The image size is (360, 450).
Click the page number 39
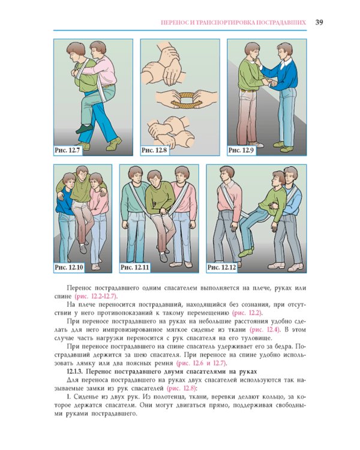(319, 22)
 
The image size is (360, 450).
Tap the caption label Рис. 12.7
(67, 150)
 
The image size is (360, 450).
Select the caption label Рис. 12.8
(154, 150)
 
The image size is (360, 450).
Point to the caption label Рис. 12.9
(241, 150)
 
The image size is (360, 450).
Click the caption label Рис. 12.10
(69, 268)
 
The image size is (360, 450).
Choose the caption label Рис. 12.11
(134, 268)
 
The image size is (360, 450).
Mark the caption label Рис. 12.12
(221, 268)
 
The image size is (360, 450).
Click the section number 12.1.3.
(74, 371)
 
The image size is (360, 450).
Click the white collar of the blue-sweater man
(286, 63)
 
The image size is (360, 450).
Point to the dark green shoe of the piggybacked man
(85, 129)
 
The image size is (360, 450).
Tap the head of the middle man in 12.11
(155, 178)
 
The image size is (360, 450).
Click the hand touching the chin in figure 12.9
(259, 62)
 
